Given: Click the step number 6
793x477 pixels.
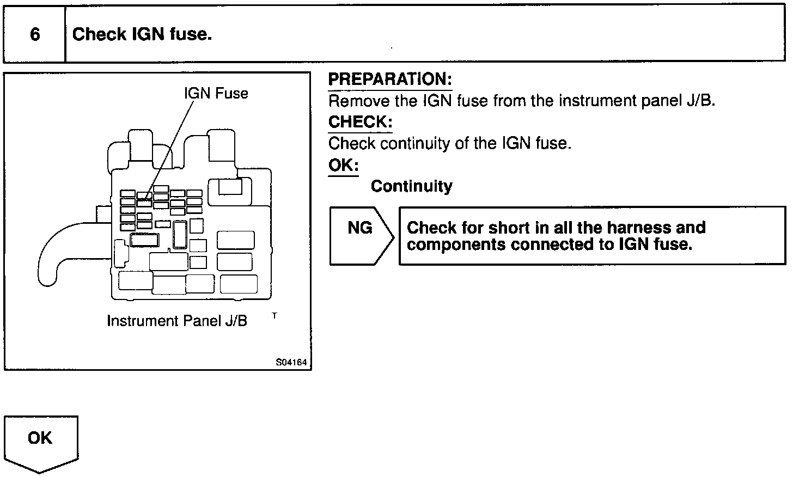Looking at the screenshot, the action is pos(35,35).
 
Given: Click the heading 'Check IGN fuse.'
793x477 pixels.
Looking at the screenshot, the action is pos(142,35).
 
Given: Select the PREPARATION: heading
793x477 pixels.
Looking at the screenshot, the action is pos(390,79).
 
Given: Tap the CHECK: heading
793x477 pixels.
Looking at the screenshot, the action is pos(360,122).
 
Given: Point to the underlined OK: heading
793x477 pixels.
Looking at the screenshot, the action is pos(343,165).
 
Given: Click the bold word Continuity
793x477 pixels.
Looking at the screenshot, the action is pos(411,186).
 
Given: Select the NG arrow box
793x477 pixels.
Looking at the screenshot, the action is pos(361,235).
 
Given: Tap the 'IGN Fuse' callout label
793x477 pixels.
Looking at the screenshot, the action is pos(216,94).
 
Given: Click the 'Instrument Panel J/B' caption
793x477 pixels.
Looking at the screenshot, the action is pos(177,321).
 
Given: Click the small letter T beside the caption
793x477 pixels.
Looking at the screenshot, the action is pos(274,315).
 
